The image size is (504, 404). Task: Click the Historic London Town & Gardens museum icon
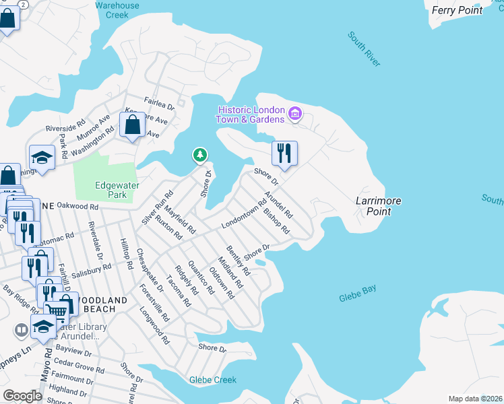[294, 114]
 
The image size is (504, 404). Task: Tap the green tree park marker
[200, 156]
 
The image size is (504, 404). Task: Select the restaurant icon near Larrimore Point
[284, 153]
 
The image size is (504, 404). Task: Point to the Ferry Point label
[457, 10]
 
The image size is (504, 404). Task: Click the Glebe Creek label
[213, 380]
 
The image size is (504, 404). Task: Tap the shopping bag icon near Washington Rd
[132, 125]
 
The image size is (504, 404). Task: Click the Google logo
[22, 396]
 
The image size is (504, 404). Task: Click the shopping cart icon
[57, 310]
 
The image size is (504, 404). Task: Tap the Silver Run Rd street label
[154, 209]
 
